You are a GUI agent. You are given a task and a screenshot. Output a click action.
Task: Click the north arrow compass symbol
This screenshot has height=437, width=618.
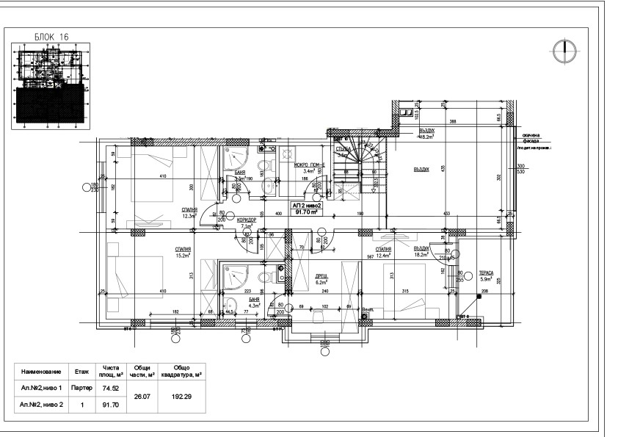pyautogui.click(x=564, y=50)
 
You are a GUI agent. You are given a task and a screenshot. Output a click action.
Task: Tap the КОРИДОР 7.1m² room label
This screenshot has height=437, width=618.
pyautogui.click(x=247, y=223)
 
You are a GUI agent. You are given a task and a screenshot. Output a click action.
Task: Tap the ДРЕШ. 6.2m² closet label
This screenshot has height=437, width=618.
pyautogui.click(x=321, y=277)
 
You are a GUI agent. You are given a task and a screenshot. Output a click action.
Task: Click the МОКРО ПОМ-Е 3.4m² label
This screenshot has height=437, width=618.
pyautogui.click(x=309, y=167)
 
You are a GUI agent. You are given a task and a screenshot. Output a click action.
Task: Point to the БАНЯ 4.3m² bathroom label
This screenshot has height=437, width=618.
pyautogui.click(x=254, y=303)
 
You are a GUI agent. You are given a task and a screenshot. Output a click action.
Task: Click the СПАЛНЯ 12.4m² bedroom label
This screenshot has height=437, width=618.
pyautogui.click(x=383, y=252)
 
